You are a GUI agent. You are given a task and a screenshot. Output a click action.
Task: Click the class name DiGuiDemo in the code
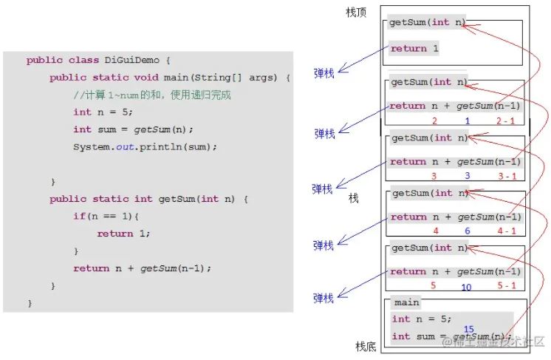tap(131, 60)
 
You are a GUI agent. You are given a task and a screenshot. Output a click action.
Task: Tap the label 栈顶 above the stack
tap(356, 13)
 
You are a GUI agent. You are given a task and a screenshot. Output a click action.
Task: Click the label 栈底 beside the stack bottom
tap(366, 347)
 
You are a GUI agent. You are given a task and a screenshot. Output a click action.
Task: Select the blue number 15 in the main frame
tap(469, 329)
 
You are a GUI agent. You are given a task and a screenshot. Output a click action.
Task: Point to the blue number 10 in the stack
tap(466, 288)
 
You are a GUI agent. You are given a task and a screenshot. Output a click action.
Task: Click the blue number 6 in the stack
tap(468, 231)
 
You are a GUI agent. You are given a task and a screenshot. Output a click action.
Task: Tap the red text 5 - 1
tap(507, 285)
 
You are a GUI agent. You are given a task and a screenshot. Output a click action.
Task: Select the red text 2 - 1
tap(505, 121)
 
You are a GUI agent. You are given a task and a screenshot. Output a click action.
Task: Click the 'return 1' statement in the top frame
tap(414, 48)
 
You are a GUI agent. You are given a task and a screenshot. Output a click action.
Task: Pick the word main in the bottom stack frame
tap(406, 302)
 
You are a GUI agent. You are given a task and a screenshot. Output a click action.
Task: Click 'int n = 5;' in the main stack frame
tap(422, 319)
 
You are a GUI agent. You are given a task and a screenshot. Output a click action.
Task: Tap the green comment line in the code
tap(152, 95)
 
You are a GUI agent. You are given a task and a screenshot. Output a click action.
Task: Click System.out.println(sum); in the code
tap(145, 147)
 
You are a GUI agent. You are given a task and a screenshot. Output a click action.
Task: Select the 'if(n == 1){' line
tap(106, 216)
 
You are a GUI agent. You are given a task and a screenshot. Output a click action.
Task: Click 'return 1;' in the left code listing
tap(123, 234)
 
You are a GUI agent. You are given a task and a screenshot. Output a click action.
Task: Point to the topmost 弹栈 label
tap(324, 73)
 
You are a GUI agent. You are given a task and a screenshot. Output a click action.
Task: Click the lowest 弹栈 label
tap(323, 298)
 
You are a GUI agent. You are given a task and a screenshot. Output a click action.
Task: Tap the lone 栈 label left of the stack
tap(354, 198)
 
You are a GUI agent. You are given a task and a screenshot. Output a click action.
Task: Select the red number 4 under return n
tap(436, 231)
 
